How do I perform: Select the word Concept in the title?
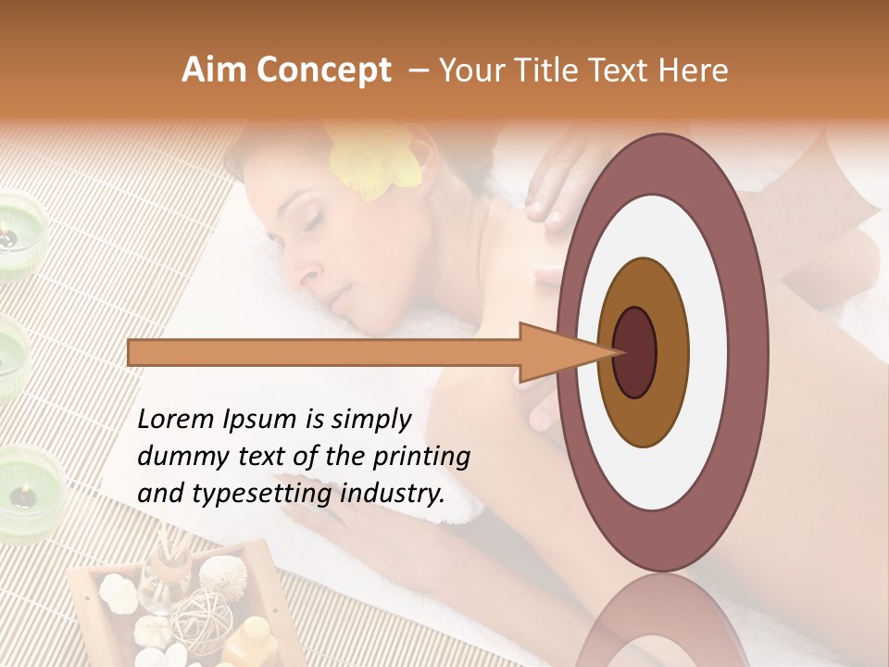tap(321, 71)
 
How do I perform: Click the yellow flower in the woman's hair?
tap(374, 162)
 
